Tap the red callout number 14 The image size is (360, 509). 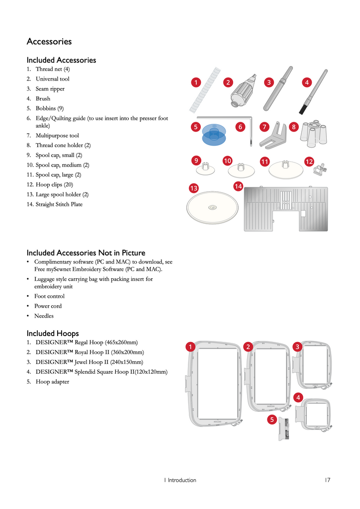tap(239, 186)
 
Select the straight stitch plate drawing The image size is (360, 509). tap(285, 209)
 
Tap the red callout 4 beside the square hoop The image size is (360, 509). tap(298, 397)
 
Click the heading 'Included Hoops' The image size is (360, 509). tap(53, 333)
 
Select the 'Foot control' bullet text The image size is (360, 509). tap(49, 296)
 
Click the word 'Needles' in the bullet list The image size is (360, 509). tap(44, 316)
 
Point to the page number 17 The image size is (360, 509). tap(327, 480)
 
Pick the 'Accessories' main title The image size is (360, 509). tap(49, 42)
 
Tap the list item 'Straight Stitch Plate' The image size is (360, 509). tap(59, 204)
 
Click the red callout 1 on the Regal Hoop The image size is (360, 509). tap(189, 346)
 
